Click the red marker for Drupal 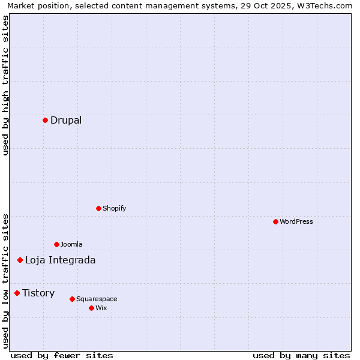coord(45,120)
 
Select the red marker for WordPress coord(275,221)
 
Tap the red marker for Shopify coord(98,208)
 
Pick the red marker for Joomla coord(56,244)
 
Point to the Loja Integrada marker coord(20,260)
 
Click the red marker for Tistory coord(17,293)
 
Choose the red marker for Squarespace coord(72,299)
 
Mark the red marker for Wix coord(91,308)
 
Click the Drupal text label coord(66,120)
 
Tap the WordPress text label coord(296,221)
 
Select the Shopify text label coord(114,208)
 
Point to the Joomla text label coord(71,244)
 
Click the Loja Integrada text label coord(60,260)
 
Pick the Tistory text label coord(38,293)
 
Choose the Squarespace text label coord(97,299)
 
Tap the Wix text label coord(101,308)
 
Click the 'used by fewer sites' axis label coord(62,355)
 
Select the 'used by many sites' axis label coord(301,355)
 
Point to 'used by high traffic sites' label coord(6,85)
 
